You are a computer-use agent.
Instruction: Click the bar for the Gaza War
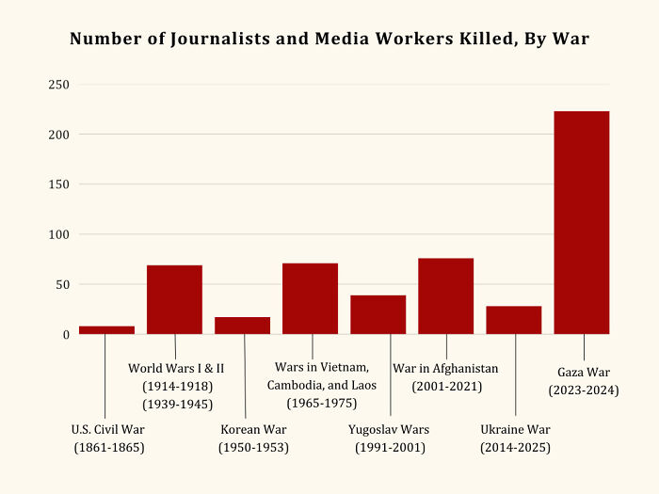(581, 222)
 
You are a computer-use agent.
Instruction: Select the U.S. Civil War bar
(106, 330)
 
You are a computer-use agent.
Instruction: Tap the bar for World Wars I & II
(174, 299)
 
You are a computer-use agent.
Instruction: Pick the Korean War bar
(242, 326)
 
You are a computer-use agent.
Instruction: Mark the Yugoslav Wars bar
(378, 314)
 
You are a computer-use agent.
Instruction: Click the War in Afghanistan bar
(445, 295)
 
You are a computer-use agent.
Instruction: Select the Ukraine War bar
(513, 320)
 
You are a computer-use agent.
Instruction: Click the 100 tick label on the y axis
(58, 234)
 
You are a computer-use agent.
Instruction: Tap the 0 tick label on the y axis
(65, 334)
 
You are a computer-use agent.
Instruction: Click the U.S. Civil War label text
(108, 430)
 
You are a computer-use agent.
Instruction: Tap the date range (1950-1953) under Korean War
(253, 448)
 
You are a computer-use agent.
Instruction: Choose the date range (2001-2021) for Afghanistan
(446, 386)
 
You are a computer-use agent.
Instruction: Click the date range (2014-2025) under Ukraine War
(515, 448)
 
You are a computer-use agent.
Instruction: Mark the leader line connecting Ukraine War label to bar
(515, 376)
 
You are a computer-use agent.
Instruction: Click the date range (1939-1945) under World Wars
(177, 405)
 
